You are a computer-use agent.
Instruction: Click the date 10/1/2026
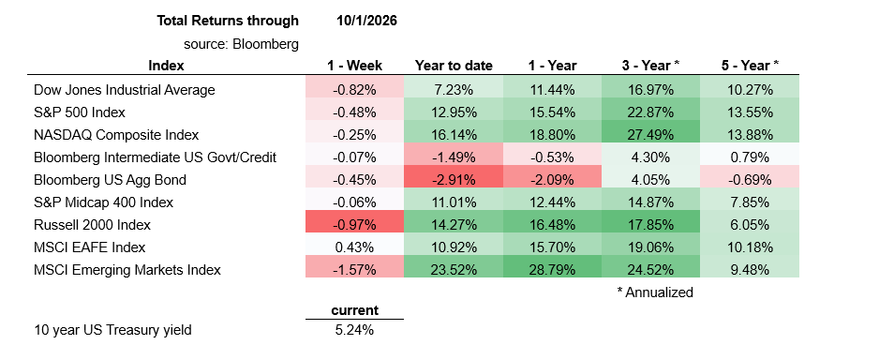click(x=366, y=22)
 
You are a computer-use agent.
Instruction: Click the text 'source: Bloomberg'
click(x=241, y=44)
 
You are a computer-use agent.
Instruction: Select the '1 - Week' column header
click(x=354, y=66)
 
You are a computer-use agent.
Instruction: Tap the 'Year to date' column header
click(x=454, y=66)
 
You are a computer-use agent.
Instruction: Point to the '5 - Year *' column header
click(x=750, y=66)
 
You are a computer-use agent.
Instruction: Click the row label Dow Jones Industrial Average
click(x=125, y=90)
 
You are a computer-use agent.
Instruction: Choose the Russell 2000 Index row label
click(x=93, y=225)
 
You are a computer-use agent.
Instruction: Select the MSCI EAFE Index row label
click(x=90, y=247)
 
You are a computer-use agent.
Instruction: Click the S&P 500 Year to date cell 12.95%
click(x=454, y=112)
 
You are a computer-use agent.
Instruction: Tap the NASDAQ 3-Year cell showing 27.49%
click(x=651, y=135)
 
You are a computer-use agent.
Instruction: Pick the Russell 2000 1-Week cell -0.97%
click(x=354, y=225)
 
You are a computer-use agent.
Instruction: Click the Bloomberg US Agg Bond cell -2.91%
click(x=454, y=180)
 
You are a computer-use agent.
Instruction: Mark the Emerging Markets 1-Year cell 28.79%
click(x=552, y=270)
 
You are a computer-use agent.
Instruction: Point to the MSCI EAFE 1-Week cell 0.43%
click(x=354, y=247)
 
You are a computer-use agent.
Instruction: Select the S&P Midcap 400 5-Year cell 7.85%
click(x=750, y=202)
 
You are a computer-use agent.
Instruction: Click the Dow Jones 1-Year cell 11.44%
click(x=552, y=90)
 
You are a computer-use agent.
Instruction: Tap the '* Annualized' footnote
click(x=654, y=292)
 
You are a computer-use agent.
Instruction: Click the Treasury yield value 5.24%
click(x=354, y=330)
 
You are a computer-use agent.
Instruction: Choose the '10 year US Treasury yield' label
click(x=112, y=330)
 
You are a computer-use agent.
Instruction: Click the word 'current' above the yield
click(x=354, y=310)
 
